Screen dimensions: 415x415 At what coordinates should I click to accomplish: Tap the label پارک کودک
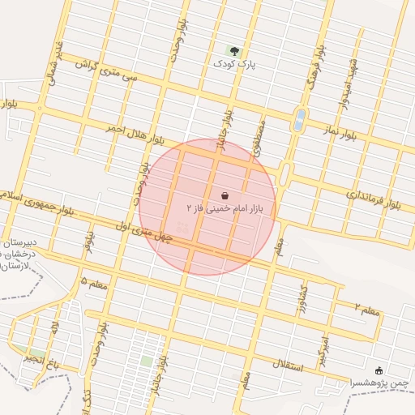235,63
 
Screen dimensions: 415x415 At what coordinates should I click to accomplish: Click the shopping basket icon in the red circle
225,195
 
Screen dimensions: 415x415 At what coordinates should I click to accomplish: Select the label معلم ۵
96,281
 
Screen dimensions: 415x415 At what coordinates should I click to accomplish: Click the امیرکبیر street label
326,349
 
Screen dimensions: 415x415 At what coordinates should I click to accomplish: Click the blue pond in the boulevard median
300,120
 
